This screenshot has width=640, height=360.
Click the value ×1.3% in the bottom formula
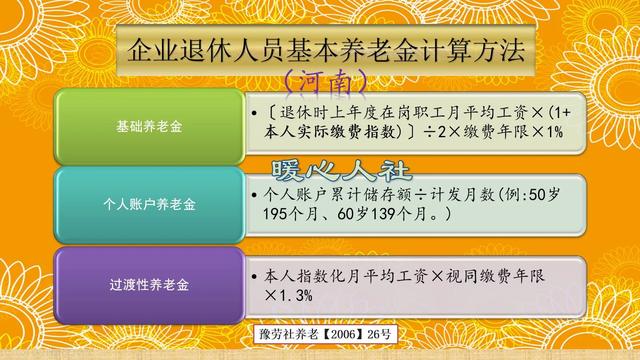[x=290, y=296]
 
